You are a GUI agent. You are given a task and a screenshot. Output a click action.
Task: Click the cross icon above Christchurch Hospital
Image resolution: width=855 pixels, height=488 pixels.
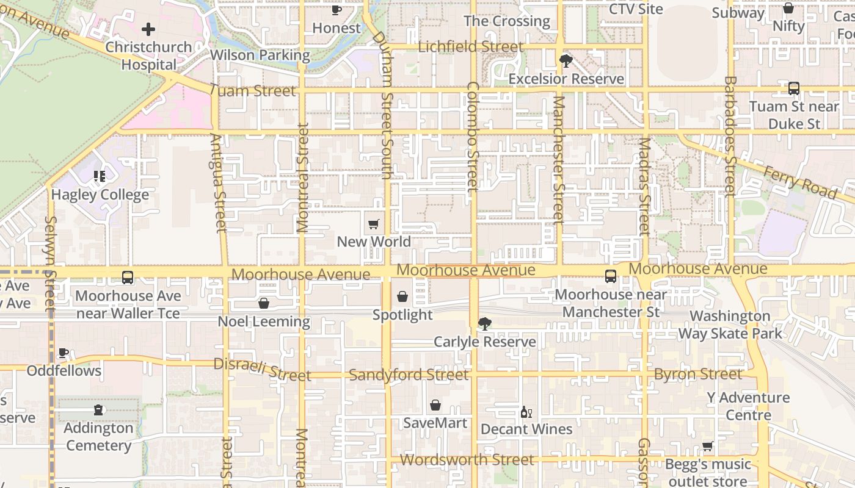(x=148, y=29)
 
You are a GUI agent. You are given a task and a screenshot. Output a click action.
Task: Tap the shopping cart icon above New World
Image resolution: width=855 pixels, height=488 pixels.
(x=374, y=224)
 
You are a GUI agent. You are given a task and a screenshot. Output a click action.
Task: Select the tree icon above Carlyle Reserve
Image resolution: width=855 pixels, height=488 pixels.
(x=485, y=323)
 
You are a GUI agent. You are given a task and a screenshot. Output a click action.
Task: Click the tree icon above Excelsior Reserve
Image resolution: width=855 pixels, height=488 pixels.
(x=566, y=60)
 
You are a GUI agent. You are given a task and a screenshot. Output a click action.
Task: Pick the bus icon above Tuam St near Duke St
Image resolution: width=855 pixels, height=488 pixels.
(x=794, y=88)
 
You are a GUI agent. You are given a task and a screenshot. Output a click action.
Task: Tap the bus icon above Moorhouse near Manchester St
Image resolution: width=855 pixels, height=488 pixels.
(x=611, y=276)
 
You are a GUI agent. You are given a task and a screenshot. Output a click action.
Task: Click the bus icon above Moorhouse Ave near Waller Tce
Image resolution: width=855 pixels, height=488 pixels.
(x=128, y=278)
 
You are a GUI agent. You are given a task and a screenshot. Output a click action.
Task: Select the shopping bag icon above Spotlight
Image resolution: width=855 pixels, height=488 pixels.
(x=402, y=297)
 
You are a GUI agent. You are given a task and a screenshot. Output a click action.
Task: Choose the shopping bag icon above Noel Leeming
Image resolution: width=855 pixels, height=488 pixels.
(x=264, y=303)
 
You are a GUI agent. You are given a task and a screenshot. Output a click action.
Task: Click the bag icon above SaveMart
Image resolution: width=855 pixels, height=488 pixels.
(x=435, y=405)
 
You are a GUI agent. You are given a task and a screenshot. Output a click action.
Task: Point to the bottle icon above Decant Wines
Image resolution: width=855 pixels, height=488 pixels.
(x=526, y=412)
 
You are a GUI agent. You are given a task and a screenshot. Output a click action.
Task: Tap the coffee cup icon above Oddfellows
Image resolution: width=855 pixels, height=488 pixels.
(x=64, y=353)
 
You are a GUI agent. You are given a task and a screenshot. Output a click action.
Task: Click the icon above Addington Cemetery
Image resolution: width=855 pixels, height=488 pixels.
(x=98, y=410)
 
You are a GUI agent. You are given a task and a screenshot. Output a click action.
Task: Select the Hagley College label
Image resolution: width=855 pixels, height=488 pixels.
(x=100, y=195)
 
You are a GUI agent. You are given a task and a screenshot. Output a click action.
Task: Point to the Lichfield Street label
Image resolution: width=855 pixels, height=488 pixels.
(x=470, y=47)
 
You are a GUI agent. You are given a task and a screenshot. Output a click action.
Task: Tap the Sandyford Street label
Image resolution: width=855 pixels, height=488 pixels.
(x=409, y=375)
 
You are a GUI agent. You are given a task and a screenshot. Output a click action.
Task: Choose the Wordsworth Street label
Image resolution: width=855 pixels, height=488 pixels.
(x=467, y=459)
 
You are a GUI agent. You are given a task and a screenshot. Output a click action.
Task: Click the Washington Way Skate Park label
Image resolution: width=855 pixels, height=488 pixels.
(x=730, y=325)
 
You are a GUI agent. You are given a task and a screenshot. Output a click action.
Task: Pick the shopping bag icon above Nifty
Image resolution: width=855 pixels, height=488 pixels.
(x=788, y=9)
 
